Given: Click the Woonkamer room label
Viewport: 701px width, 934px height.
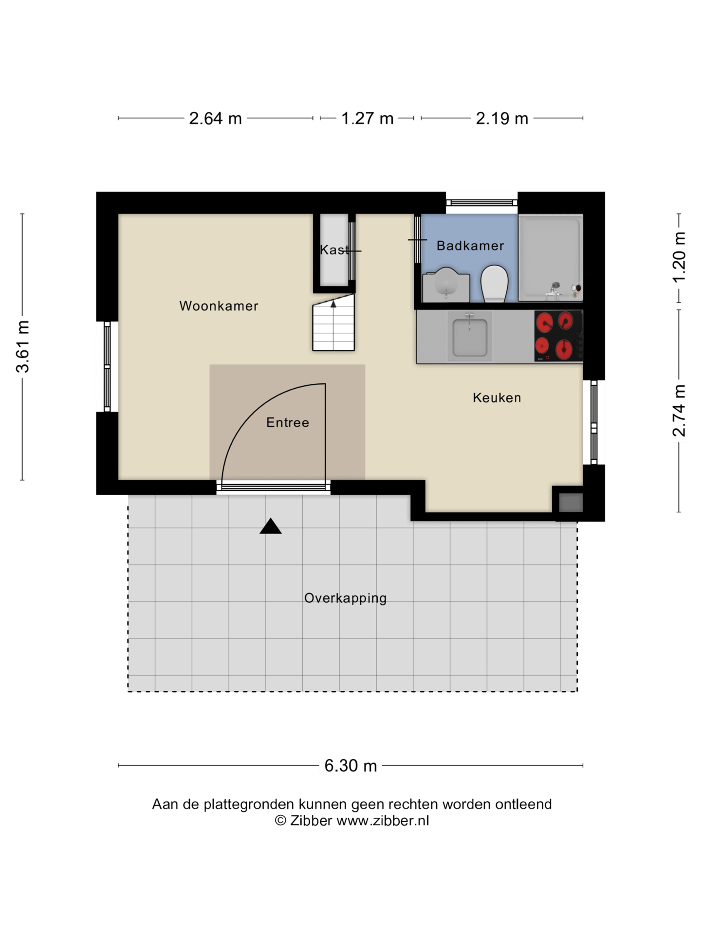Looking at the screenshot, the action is click(x=219, y=306).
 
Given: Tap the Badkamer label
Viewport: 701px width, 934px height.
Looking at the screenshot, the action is click(x=470, y=246).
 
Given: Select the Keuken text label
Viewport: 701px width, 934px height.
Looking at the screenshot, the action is click(x=497, y=398).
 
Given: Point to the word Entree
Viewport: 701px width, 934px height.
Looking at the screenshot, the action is click(x=288, y=422).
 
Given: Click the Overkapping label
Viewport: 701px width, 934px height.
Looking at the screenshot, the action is click(x=346, y=598).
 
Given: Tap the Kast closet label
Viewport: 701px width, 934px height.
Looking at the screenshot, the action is click(x=334, y=250).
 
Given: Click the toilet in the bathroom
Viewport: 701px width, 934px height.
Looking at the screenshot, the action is click(x=494, y=284).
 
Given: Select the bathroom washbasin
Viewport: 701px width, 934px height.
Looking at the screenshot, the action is click(x=446, y=285).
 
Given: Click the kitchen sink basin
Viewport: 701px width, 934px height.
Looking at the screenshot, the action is click(x=470, y=337).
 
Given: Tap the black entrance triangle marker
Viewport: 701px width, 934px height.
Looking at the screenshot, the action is click(x=271, y=527).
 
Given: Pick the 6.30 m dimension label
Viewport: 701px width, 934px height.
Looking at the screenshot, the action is click(x=350, y=766).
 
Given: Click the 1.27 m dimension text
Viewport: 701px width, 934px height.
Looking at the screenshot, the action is click(x=367, y=118).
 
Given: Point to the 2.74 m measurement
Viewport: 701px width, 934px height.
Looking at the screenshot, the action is click(x=679, y=411).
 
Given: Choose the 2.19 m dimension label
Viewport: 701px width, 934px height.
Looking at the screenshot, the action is click(x=502, y=118).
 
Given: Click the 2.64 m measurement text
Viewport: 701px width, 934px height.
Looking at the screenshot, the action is click(x=215, y=118).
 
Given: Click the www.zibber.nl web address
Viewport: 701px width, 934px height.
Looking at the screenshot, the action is click(x=383, y=821).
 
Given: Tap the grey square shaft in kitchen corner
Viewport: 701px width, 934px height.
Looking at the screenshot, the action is click(x=571, y=503).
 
